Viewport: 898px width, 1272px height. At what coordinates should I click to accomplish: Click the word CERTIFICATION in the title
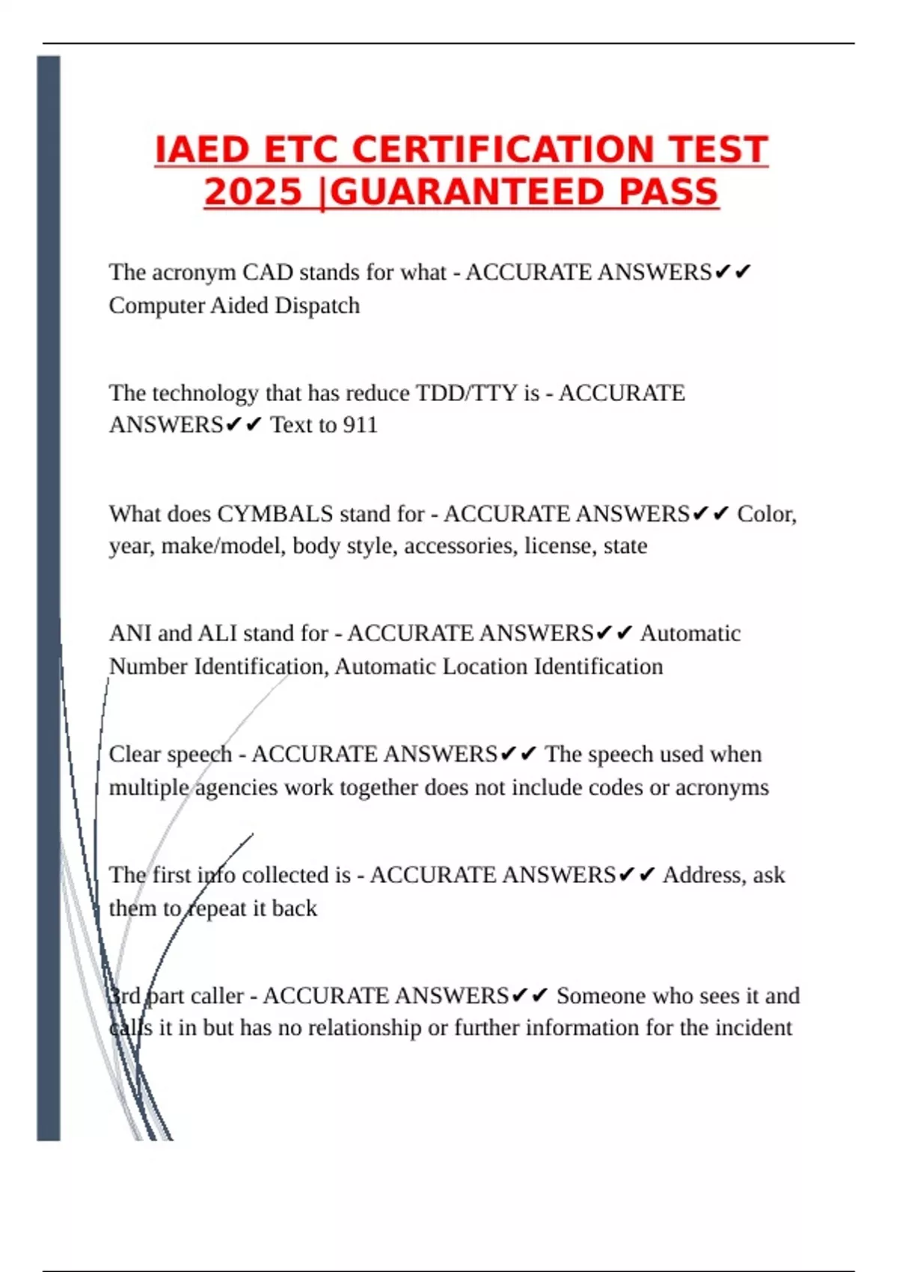point(505,150)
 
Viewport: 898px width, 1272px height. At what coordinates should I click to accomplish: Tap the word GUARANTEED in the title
point(465,192)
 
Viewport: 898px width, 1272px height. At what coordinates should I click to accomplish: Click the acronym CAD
point(267,272)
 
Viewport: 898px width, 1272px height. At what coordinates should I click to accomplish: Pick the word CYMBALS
point(275,514)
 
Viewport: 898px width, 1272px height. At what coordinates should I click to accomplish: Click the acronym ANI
point(130,634)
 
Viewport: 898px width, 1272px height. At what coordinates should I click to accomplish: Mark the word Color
point(766,514)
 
